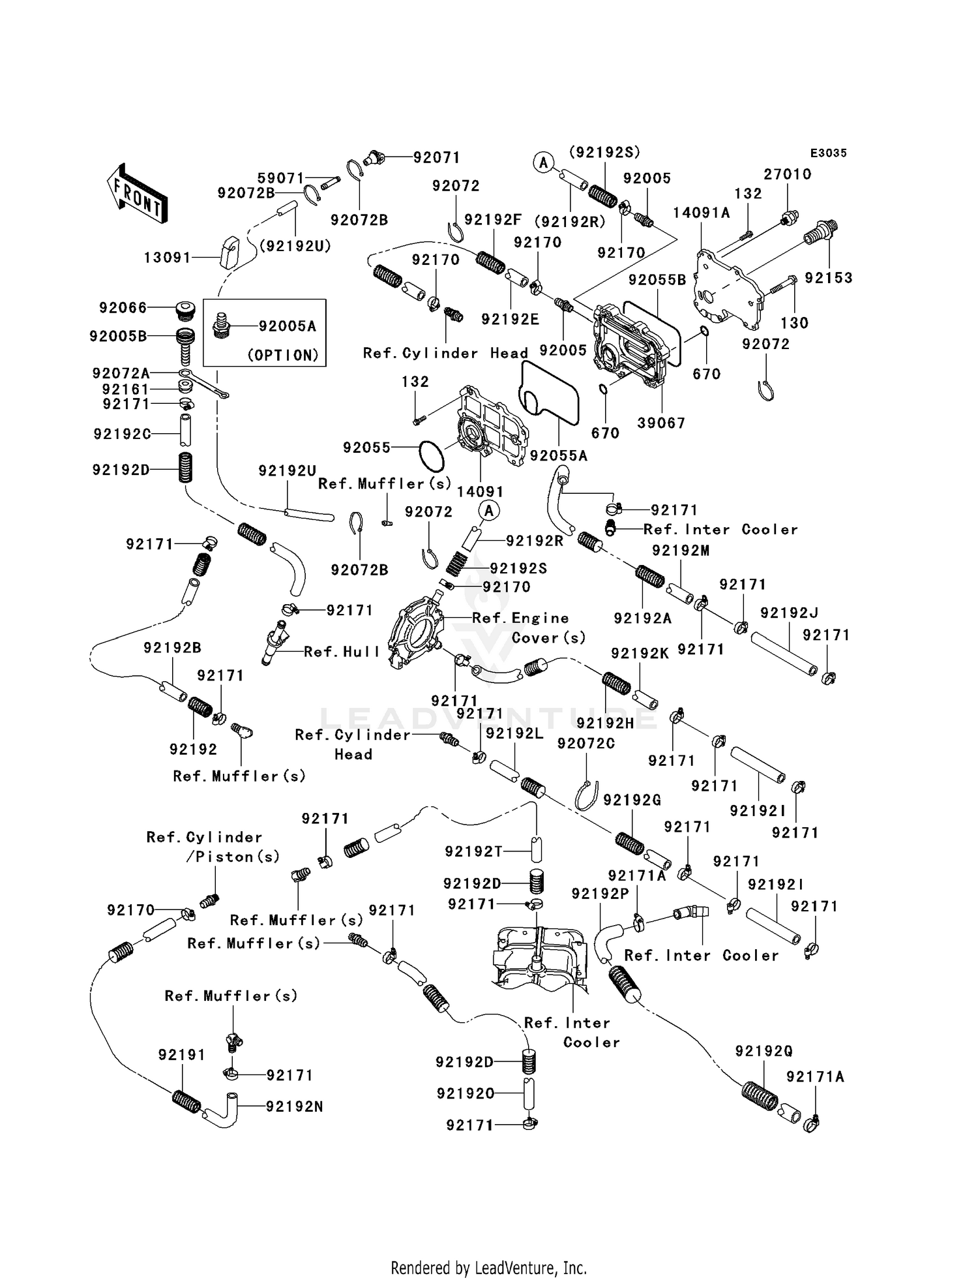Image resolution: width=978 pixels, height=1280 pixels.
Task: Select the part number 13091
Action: (168, 258)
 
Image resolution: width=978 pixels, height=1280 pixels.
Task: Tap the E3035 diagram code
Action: (829, 153)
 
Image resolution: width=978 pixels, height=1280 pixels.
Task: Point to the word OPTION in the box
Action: (283, 355)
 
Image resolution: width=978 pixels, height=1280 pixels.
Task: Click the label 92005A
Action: (288, 326)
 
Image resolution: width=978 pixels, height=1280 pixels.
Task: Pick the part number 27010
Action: (788, 174)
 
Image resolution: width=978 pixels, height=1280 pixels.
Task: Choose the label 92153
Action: (829, 278)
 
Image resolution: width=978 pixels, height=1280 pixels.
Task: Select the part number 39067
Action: (661, 423)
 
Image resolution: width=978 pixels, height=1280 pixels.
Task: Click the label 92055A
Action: (559, 455)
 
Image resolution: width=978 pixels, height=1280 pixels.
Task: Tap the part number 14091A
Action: (702, 213)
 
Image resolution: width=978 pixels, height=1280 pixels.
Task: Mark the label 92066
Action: (123, 307)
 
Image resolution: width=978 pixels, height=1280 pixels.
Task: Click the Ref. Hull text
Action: (342, 652)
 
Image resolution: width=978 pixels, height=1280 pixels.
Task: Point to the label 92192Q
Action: (764, 1051)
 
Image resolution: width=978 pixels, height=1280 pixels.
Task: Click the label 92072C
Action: (586, 743)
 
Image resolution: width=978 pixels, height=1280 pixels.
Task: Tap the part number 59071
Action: (281, 177)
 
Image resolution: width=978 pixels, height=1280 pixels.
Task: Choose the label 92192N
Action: (295, 1106)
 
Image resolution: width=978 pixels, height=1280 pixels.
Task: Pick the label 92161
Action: (126, 389)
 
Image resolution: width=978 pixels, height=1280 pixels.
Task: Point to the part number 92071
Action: (437, 157)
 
